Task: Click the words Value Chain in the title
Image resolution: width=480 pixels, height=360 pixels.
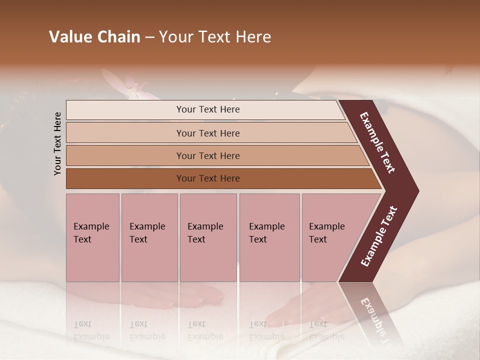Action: (94, 37)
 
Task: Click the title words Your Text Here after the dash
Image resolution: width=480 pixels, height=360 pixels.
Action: (215, 37)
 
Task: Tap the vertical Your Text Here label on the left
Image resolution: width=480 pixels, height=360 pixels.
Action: (57, 143)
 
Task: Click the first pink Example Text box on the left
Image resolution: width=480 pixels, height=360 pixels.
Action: (92, 237)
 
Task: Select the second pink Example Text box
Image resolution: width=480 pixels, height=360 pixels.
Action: (149, 237)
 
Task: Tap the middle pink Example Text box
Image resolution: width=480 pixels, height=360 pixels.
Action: (208, 237)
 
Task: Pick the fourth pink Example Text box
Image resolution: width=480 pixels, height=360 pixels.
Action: (269, 237)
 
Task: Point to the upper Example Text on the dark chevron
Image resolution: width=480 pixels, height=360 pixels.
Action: (377, 142)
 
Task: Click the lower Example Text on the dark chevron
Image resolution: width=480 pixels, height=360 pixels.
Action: (379, 236)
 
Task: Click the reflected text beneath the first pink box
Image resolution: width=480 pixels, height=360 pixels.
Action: (91, 330)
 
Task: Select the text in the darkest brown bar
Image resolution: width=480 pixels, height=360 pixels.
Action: (208, 178)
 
